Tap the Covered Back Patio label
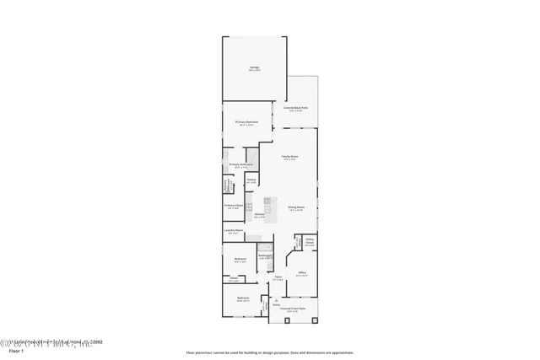point(299,107)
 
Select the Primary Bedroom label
point(246,122)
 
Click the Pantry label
point(251,180)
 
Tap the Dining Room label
point(295,207)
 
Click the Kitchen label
point(260,216)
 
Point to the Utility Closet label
point(310,241)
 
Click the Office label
point(301,272)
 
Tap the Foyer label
point(278,277)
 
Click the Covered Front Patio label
point(292,309)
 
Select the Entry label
point(275,304)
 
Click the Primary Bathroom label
point(241,164)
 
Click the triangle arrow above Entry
point(275,298)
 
